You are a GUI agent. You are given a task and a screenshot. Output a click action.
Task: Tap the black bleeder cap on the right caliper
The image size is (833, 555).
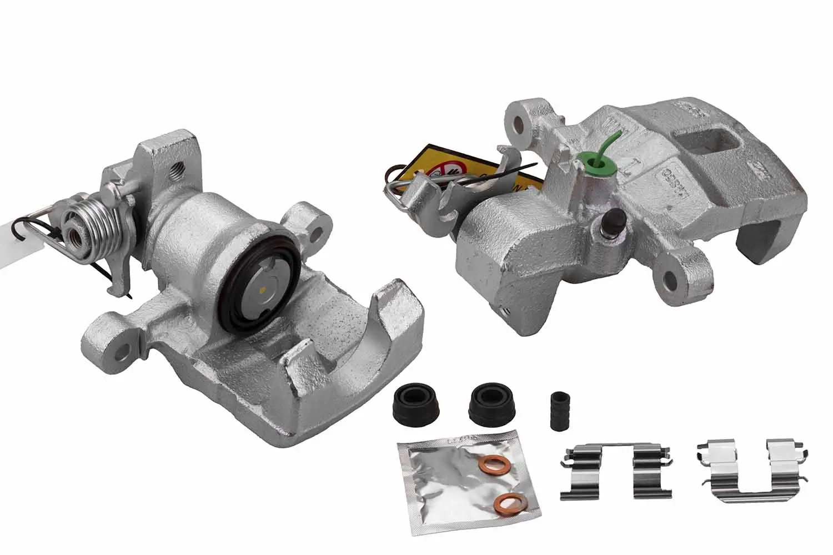[613, 220]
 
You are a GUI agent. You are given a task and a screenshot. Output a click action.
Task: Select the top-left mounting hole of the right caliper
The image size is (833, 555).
[520, 123]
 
